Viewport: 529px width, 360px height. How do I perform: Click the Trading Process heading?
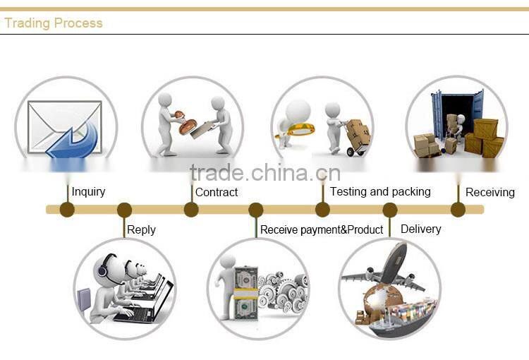pos(54,23)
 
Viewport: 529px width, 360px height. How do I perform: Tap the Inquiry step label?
pos(88,191)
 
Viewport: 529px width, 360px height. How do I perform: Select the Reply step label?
pos(141,229)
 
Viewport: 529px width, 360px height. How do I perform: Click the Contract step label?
pos(217,192)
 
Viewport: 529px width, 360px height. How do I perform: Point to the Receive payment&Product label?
pos(322,229)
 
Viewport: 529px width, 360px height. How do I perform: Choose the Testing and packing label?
pos(380,191)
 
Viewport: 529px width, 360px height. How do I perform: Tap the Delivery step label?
pos(420,229)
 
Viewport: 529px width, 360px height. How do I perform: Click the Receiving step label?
pos(490,192)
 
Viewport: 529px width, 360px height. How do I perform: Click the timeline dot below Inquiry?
pos(67,209)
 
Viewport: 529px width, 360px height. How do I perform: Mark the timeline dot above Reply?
pos(124,210)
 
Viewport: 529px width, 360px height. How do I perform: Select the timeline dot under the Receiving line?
pos(458,209)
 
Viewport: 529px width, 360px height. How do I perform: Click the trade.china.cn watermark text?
pos(264,173)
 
